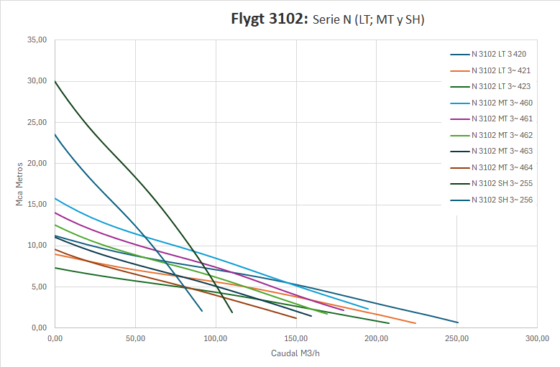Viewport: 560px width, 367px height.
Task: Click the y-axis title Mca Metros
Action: (x=20, y=182)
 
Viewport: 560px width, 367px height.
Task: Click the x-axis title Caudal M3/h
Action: (x=296, y=353)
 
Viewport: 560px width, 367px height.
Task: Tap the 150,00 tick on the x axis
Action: (x=296, y=338)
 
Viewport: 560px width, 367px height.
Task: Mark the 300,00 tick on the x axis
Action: (x=537, y=338)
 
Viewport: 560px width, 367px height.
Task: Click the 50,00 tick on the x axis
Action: (x=135, y=338)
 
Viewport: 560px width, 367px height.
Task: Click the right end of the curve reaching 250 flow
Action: (x=457, y=322)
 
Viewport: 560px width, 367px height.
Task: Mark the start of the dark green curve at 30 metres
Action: (x=55, y=81)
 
